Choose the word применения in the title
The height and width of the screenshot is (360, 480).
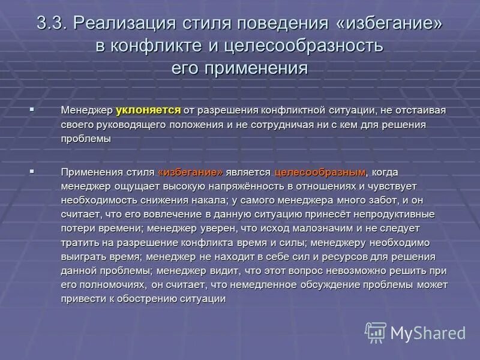click(x=256, y=68)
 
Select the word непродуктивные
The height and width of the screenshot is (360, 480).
click(x=398, y=214)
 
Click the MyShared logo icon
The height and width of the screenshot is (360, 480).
click(x=376, y=332)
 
